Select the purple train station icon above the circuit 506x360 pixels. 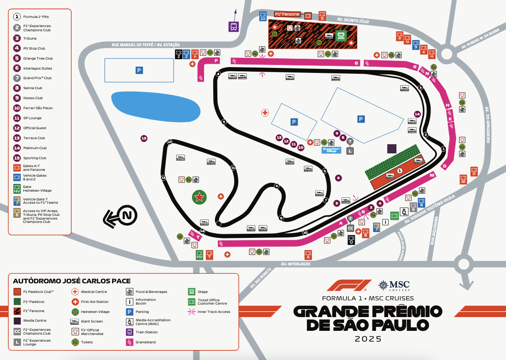[234, 27]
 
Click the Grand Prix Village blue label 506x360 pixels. [332, 150]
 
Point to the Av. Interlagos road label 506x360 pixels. [295, 264]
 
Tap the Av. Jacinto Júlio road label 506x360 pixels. [349, 19]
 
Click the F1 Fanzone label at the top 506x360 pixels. [287, 14]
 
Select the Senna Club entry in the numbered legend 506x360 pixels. [33, 88]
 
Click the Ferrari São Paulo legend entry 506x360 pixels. [37, 108]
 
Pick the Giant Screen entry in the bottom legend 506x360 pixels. [92, 321]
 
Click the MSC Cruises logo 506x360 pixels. [394, 285]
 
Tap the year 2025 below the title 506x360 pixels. [368, 339]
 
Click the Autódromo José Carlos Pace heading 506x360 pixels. [72, 281]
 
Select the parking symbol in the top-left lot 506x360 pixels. [139, 70]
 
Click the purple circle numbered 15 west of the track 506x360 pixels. [144, 138]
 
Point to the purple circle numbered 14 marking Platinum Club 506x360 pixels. [417, 114]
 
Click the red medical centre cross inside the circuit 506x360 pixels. [265, 112]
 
